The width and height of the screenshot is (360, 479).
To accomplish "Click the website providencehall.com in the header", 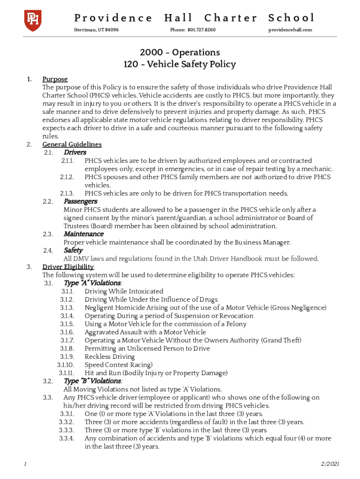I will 290,30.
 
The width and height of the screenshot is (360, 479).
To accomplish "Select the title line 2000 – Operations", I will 180,52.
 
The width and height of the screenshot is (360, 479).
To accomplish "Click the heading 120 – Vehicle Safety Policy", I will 180,65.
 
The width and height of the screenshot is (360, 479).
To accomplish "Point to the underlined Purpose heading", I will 55,79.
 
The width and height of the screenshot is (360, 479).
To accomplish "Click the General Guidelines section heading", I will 72,145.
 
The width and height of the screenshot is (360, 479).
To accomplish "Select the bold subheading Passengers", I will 80,201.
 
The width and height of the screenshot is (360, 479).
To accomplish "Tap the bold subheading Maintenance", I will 83,234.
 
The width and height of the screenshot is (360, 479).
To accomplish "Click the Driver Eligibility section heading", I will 68,267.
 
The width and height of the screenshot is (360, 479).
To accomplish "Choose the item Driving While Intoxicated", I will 124,291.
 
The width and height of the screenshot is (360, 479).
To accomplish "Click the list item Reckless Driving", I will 109,356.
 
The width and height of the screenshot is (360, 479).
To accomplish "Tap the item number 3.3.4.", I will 66,438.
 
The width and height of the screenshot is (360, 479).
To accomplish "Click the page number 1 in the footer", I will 25,464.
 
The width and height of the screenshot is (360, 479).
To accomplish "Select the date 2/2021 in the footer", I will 330,464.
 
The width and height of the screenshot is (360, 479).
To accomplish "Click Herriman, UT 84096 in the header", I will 96,30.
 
